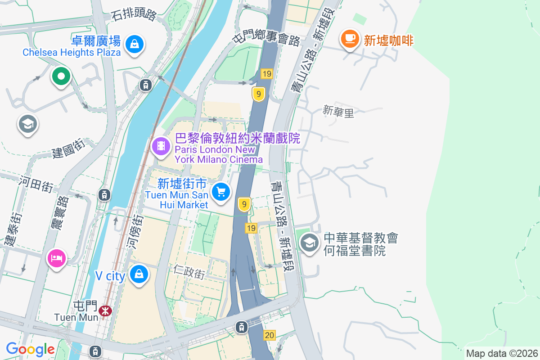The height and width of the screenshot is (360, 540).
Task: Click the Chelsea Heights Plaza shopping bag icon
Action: (134, 44)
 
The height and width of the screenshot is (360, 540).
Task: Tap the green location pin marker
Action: (60, 76)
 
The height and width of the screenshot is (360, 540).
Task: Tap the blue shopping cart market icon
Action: (220, 192)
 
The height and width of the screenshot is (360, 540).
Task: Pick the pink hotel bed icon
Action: (57, 258)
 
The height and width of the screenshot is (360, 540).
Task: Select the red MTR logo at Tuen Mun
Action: (106, 310)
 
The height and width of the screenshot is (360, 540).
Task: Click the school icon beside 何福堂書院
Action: (310, 243)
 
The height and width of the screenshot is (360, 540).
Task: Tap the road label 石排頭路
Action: (134, 15)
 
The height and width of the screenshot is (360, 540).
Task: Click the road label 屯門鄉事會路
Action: (266, 35)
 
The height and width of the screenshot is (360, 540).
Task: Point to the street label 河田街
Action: (36, 184)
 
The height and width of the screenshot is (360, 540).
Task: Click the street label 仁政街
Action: (189, 271)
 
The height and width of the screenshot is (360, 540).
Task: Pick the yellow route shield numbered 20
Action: (270, 335)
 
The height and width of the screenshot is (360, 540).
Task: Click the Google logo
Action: (30, 349)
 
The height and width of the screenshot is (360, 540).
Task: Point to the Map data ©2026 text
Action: (501, 354)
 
